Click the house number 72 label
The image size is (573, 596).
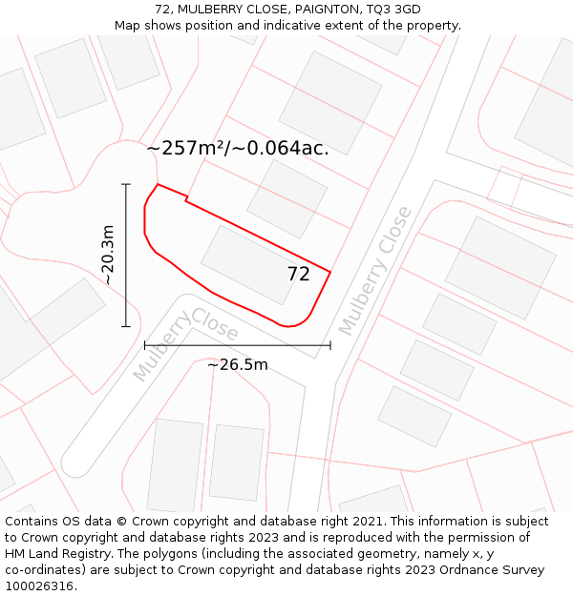(299, 275)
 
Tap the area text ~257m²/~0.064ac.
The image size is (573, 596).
(238, 149)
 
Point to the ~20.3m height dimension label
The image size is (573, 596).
(108, 255)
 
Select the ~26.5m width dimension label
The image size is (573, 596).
(238, 364)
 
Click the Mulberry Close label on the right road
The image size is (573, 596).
(375, 270)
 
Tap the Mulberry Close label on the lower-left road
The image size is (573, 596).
(185, 343)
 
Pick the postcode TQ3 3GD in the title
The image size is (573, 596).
(394, 10)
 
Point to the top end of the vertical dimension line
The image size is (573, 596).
(126, 184)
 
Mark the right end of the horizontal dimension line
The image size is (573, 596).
(330, 345)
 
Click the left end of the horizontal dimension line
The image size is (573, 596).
(145, 345)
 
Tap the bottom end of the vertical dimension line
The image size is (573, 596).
(126, 326)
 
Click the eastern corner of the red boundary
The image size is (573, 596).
(330, 273)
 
